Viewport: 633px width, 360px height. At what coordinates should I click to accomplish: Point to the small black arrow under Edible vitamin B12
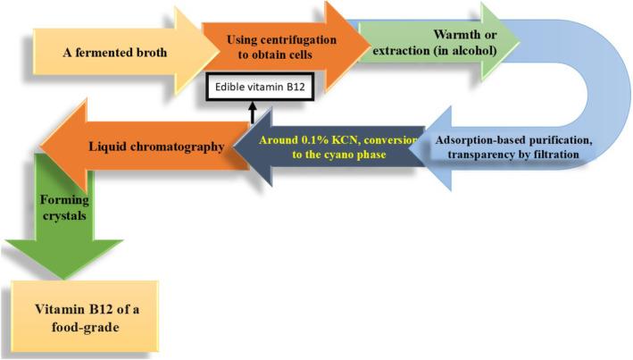(x=253, y=112)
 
